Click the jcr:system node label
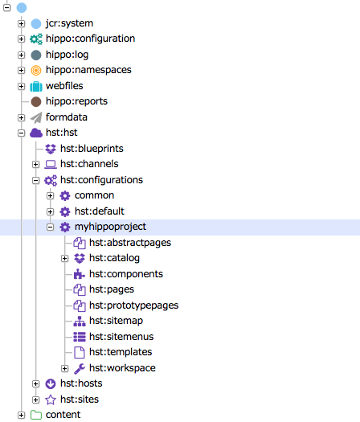click(69, 23)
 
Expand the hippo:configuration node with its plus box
click(21, 39)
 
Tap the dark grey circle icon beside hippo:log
click(36, 55)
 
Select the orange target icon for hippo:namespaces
click(36, 70)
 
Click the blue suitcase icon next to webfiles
click(36, 86)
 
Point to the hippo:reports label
click(76, 101)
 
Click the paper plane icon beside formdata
click(36, 117)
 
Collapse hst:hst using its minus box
click(21, 133)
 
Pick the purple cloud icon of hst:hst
click(36, 133)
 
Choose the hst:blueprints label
click(92, 149)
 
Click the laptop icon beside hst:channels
click(51, 164)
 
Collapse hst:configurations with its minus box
click(36, 180)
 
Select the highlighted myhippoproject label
click(110, 227)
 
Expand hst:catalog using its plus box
click(64, 259)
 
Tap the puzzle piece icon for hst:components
click(80, 274)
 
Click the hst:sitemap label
click(116, 321)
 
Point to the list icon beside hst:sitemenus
click(80, 337)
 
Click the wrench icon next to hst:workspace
click(80, 368)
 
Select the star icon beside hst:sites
click(51, 399)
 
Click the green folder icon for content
click(36, 415)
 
